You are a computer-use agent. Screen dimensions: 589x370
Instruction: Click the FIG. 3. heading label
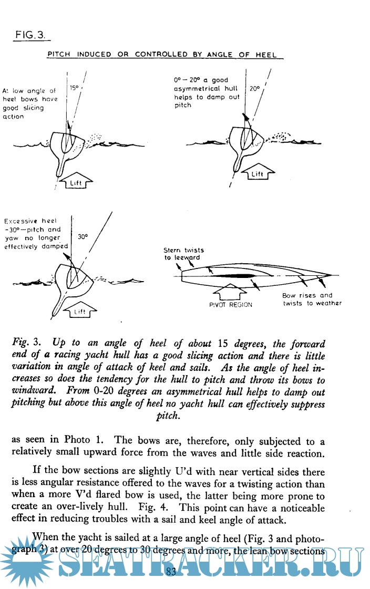[30, 35]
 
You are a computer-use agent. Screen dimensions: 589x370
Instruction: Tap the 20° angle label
[255, 89]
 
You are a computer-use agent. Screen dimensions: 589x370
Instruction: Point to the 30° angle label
[83, 237]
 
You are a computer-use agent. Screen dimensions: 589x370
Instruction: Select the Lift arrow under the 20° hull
[256, 173]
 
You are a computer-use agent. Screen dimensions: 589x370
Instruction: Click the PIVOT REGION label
[230, 305]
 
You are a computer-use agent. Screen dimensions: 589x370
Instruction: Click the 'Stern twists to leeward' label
[184, 254]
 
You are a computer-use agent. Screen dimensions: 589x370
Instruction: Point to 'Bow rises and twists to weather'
[312, 299]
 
